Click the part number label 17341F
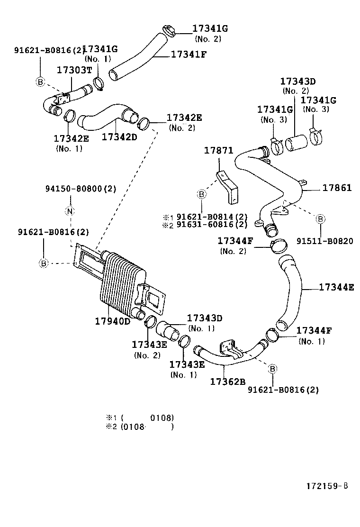click(189, 54)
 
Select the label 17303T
click(74, 70)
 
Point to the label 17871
click(218, 150)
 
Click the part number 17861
click(337, 188)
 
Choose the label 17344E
click(336, 287)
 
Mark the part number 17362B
click(227, 381)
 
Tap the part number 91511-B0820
click(324, 241)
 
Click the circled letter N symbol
click(70, 211)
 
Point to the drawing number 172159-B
click(327, 486)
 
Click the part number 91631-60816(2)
click(212, 225)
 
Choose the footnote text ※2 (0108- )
click(139, 427)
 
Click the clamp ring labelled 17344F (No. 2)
click(279, 245)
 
